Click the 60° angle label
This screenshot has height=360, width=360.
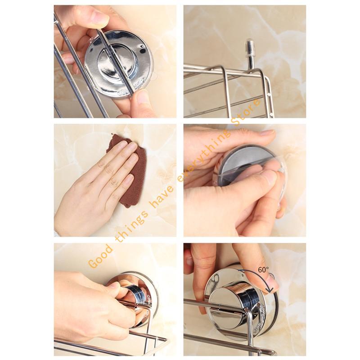coord(263,270)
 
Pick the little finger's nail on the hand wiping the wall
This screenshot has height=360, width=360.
coord(129,178)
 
